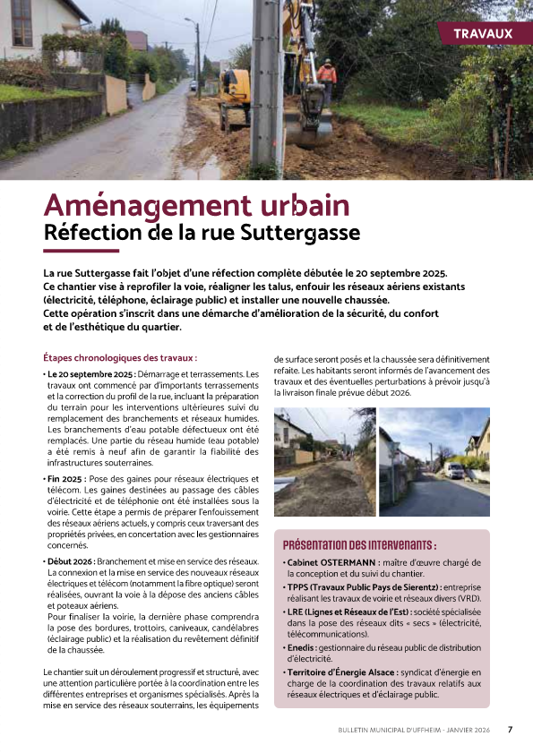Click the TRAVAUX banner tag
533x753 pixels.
click(483, 33)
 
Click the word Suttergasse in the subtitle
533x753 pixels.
click(307, 233)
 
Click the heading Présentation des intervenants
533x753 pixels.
click(359, 544)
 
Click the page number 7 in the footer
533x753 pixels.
click(510, 729)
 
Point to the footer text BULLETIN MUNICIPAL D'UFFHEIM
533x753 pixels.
click(395, 730)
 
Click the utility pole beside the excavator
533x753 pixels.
click(265, 81)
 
